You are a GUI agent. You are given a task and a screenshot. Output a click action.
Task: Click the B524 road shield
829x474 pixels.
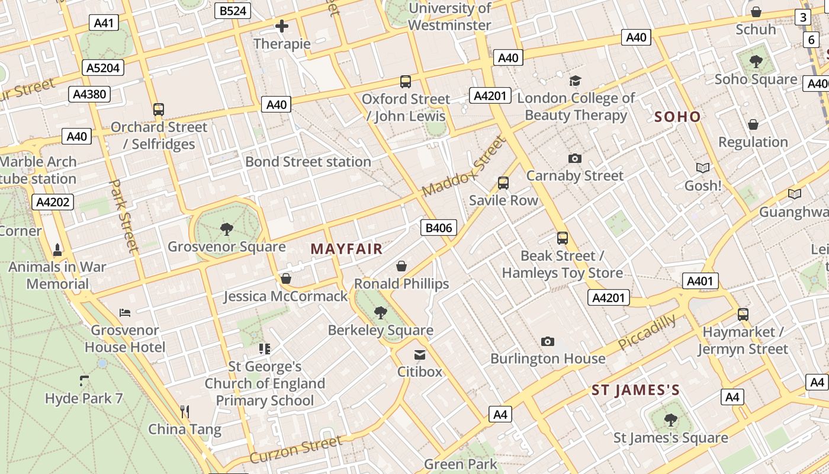(233, 11)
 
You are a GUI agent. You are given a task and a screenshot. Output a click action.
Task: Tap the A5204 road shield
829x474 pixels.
(103, 68)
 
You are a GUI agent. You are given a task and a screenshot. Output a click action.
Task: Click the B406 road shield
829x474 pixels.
(439, 228)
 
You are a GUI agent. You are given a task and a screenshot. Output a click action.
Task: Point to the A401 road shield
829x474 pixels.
(700, 281)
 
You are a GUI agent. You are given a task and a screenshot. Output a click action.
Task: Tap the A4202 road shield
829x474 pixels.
(53, 202)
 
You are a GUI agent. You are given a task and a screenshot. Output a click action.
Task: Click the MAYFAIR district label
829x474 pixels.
(346, 249)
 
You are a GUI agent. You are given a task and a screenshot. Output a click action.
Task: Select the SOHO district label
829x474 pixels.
(677, 117)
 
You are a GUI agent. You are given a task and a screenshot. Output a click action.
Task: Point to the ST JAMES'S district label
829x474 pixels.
(635, 390)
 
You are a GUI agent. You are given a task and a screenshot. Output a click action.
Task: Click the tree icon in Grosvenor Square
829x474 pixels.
(226, 229)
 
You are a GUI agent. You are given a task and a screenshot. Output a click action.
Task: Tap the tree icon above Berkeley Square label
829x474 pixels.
(381, 312)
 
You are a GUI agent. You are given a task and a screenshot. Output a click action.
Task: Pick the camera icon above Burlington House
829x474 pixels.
(548, 341)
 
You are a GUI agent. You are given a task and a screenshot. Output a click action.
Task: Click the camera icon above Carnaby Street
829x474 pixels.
(574, 158)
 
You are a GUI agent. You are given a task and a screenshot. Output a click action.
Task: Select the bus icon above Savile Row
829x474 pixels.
(503, 182)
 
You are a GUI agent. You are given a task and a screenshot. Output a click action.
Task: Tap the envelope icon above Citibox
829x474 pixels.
(420, 355)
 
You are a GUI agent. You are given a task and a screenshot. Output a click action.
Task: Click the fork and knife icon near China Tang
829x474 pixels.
(185, 411)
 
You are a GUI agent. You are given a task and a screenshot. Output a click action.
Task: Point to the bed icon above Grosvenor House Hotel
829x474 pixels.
(125, 312)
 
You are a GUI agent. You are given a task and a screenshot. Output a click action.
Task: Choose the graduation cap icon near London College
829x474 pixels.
(575, 81)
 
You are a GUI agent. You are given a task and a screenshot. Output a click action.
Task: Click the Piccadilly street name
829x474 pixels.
(647, 332)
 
